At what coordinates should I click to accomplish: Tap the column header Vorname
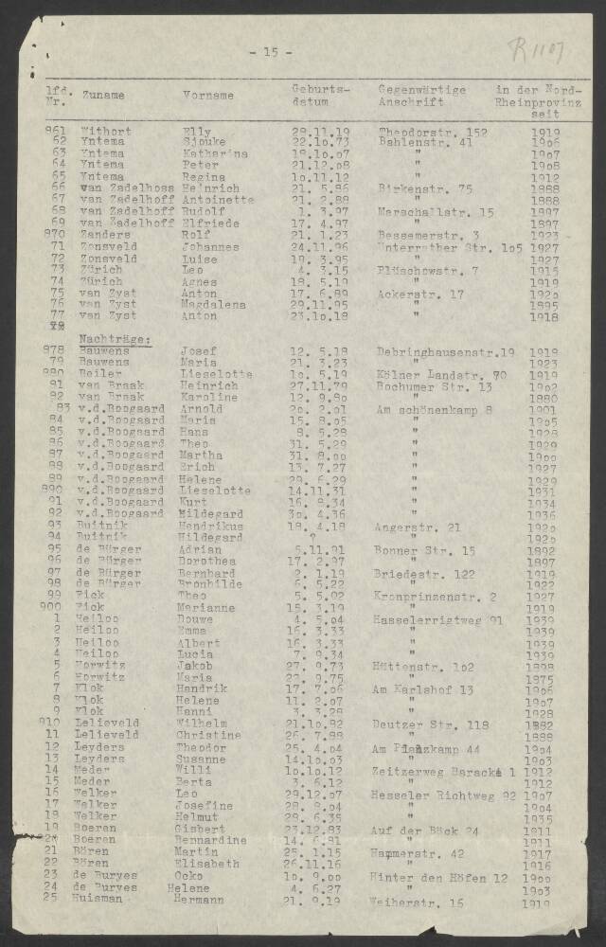tap(208, 96)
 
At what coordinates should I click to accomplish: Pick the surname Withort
tap(106, 131)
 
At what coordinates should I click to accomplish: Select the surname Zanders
tap(104, 235)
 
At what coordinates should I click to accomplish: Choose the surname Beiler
tap(99, 374)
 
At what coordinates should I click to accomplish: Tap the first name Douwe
tap(200, 618)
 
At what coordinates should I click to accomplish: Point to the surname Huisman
tap(103, 899)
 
